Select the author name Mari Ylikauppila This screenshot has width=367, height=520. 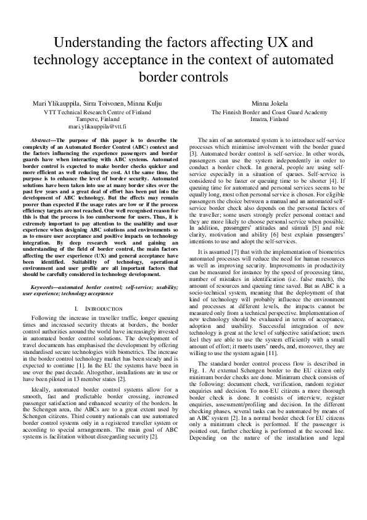[57, 103]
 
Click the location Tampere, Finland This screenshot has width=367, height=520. [97, 119]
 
